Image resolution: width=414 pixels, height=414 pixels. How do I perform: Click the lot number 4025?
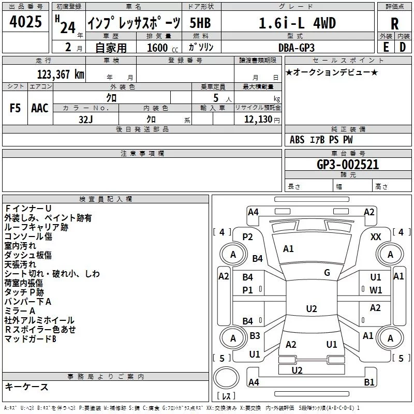click(25, 22)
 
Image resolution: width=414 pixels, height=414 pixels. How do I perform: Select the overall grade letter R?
click(394, 24)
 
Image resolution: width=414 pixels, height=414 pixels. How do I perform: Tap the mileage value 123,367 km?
click(61, 75)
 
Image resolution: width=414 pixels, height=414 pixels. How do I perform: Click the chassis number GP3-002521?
click(348, 165)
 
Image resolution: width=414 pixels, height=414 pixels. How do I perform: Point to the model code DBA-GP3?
click(297, 48)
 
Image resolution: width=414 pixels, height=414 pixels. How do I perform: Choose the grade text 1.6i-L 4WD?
click(297, 23)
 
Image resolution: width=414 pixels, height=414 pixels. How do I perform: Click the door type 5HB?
click(200, 23)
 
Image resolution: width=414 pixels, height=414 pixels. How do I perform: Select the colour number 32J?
click(86, 120)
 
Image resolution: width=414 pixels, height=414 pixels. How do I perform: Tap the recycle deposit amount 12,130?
click(258, 120)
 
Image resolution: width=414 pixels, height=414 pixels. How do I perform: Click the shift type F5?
click(15, 108)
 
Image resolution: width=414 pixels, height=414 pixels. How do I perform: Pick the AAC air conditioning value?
click(40, 108)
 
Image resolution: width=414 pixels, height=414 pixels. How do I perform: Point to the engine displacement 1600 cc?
click(162, 48)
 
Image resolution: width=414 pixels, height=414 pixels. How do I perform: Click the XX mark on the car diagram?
click(376, 237)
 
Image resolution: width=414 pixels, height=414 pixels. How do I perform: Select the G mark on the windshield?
click(327, 272)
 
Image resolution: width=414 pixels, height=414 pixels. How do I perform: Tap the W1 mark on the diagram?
click(376, 290)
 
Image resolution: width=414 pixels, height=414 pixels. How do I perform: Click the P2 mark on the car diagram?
click(247, 237)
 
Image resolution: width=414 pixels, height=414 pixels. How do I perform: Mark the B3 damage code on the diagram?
click(255, 335)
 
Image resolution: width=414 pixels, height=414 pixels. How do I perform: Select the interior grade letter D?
click(403, 48)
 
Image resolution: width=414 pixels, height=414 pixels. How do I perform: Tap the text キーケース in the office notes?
click(26, 387)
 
